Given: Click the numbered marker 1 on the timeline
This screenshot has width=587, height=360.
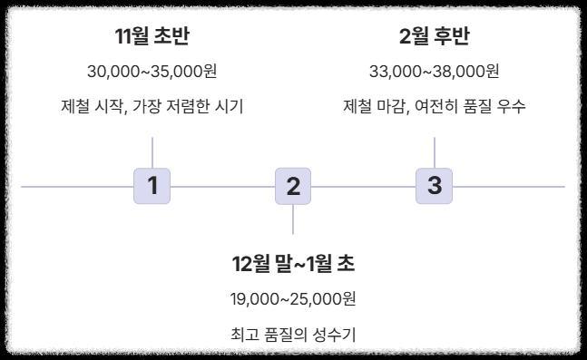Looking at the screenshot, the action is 152,186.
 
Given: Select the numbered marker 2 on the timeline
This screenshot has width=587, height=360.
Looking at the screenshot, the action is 293,187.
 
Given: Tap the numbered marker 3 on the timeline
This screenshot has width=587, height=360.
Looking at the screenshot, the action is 435,186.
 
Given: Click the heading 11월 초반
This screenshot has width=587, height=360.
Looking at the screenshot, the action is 152,36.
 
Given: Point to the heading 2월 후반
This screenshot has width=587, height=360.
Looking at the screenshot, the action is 435,36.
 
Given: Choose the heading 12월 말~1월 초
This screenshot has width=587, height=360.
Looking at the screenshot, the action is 293,264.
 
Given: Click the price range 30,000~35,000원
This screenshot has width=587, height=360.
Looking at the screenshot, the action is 152,71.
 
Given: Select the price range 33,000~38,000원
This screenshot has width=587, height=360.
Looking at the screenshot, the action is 435,71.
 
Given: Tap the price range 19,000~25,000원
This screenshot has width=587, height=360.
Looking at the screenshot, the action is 293,299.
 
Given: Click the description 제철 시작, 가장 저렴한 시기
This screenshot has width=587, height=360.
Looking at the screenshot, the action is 152,106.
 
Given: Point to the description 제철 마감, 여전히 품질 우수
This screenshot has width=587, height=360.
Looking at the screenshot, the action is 435,106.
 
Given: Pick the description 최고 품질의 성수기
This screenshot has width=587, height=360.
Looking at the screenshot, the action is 293,335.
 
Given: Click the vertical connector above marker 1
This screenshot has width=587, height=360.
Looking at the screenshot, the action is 152,152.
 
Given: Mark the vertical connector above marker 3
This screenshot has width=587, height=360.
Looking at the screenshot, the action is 435,152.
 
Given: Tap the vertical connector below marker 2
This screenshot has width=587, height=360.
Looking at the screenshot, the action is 293,219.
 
